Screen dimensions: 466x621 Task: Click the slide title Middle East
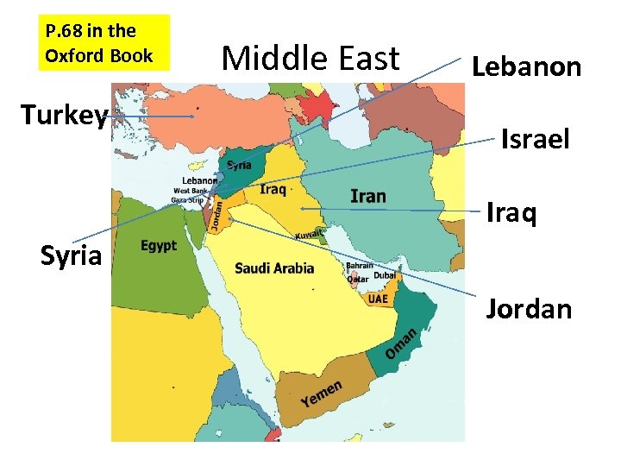310,59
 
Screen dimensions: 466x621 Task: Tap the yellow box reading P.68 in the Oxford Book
98,44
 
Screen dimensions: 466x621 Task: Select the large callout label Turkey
65,115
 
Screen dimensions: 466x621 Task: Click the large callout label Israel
535,138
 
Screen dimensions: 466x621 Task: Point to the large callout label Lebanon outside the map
526,66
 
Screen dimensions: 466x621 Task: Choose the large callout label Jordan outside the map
529,308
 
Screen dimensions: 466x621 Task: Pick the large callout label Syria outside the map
72,255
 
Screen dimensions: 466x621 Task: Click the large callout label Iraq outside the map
511,212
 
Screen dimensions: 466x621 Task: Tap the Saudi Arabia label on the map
274,268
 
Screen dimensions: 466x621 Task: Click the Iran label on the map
368,196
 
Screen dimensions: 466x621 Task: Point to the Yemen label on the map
322,394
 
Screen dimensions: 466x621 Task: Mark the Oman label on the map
401,343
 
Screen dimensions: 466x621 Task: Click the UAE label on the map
378,299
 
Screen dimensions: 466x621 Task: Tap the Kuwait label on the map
309,234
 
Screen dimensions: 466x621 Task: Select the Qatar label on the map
356,279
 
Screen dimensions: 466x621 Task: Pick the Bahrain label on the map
360,266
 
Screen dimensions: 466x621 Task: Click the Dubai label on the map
386,277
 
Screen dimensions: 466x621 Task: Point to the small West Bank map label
190,190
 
